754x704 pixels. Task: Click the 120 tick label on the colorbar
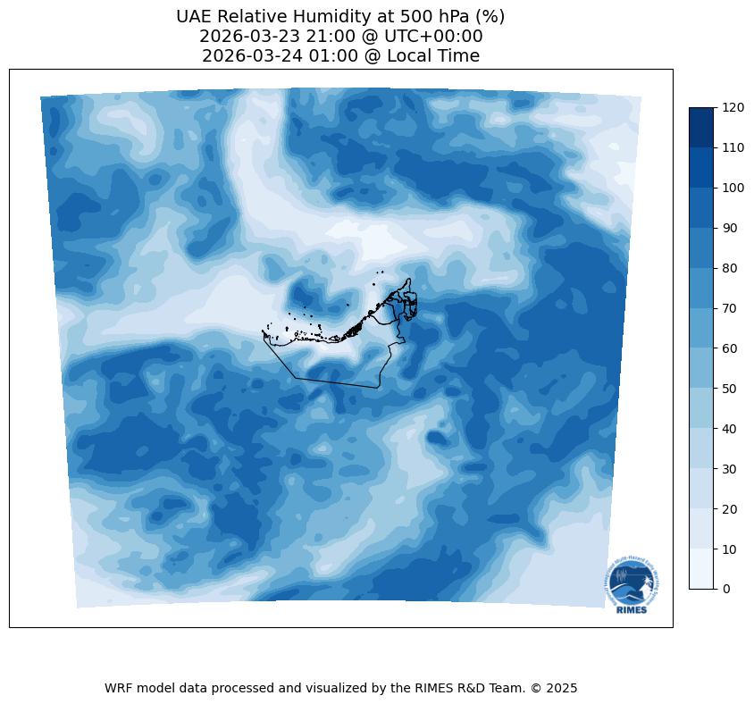pyautogui.click(x=733, y=107)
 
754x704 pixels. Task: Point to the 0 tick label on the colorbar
pyautogui.click(x=727, y=589)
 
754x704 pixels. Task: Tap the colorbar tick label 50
pyautogui.click(x=731, y=389)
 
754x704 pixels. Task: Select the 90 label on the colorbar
pyautogui.click(x=731, y=228)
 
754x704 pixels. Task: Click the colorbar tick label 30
pyautogui.click(x=731, y=469)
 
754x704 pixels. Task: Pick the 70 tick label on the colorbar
pyautogui.click(x=731, y=308)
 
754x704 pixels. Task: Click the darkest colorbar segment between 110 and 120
pyautogui.click(x=702, y=127)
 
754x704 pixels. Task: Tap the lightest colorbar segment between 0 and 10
pyautogui.click(x=702, y=568)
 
